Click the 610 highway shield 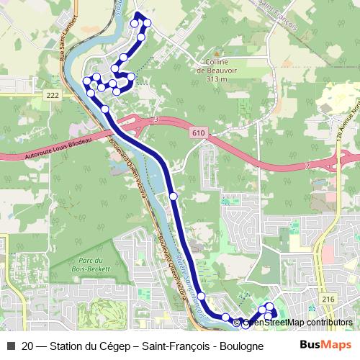pyautogui.click(x=199, y=134)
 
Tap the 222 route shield pyautogui.click(x=51, y=95)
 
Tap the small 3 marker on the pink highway pyautogui.click(x=156, y=120)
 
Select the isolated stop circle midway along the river pyautogui.click(x=173, y=196)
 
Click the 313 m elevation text pyautogui.click(x=216, y=79)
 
